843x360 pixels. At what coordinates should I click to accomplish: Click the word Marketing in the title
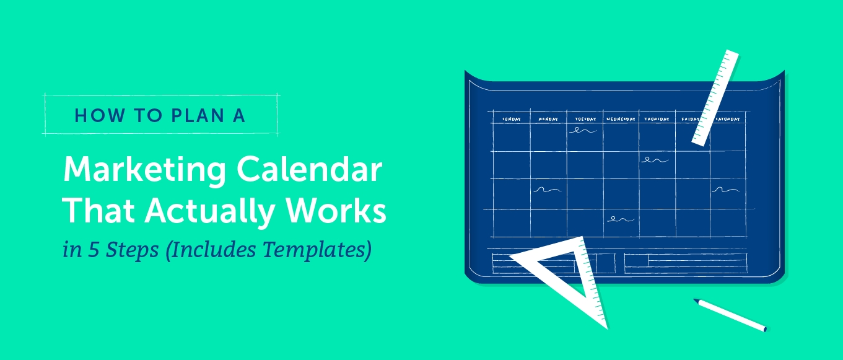click(145, 171)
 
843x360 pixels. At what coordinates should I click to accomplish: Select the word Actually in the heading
click(209, 212)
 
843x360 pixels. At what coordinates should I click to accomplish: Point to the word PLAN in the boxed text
click(198, 116)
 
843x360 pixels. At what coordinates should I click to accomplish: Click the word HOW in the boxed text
click(100, 116)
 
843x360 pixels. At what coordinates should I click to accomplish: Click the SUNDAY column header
click(512, 119)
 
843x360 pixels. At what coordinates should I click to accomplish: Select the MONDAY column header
click(548, 119)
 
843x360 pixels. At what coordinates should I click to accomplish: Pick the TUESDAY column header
click(585, 119)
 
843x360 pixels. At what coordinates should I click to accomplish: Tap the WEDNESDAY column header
click(621, 119)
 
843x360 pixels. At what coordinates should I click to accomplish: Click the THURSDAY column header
click(657, 119)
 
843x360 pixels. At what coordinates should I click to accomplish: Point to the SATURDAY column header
click(727, 119)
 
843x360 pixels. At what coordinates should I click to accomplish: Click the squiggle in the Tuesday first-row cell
click(583, 131)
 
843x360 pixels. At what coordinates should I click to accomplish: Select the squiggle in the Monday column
click(547, 190)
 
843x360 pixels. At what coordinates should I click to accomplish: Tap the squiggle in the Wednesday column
click(621, 219)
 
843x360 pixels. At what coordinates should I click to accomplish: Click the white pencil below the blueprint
click(730, 315)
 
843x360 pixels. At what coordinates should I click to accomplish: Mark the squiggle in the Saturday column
click(725, 190)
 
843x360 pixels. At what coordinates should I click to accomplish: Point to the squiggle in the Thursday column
click(655, 160)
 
